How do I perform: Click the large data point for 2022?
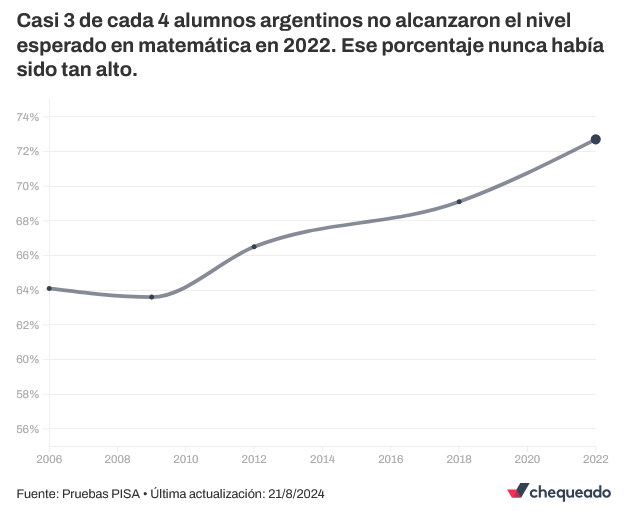595,139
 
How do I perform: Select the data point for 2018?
459,202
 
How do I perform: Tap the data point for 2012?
254,246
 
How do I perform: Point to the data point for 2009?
151,297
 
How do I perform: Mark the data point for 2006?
49,288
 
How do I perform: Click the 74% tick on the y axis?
27,117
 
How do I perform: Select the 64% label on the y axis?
27,290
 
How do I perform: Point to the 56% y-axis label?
27,429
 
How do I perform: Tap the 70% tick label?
27,186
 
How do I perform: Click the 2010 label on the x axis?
185,459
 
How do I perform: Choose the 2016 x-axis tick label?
390,459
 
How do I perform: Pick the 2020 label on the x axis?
527,459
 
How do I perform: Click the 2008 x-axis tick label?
117,459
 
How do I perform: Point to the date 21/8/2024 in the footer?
295,494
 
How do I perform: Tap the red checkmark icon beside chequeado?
517,491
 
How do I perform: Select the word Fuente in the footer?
36,494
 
